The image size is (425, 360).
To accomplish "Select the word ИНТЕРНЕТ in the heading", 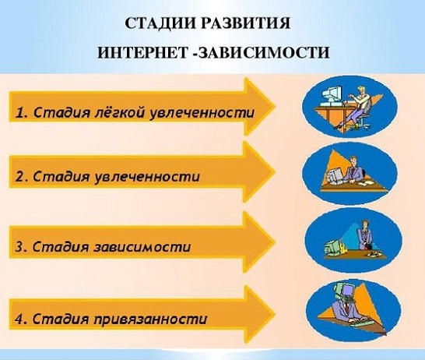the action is point(142,52).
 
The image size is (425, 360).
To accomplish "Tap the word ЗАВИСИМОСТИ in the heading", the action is point(262,52).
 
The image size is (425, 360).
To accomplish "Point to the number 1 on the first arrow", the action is point(20,113).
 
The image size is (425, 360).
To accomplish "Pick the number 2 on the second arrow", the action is point(19,177).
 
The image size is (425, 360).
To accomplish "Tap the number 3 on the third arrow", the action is point(19,247).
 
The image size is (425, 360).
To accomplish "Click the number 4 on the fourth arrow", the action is point(19,319).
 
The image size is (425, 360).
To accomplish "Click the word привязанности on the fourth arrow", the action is point(150,319).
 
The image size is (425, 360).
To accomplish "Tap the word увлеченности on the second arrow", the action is point(147,178).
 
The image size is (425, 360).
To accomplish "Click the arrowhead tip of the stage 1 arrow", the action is point(275,106).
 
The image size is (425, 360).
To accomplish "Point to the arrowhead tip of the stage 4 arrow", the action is point(274,313).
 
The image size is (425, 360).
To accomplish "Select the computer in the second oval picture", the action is point(335,176).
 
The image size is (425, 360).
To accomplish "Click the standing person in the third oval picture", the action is point(364,235).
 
